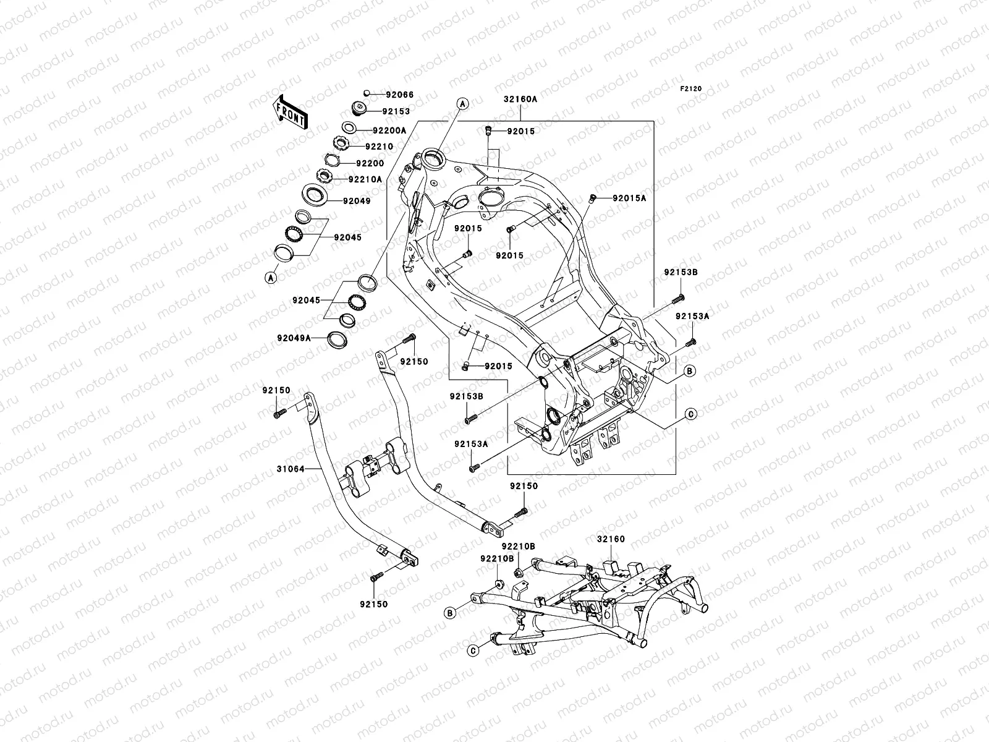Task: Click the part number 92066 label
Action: (399, 95)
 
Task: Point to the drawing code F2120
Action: (692, 89)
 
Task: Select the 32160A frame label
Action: (520, 98)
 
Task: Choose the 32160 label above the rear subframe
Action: (611, 539)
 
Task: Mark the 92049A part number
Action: (294, 338)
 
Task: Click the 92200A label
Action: (389, 130)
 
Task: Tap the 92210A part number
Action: (365, 179)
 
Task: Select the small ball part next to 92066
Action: (367, 93)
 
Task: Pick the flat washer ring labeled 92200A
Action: (348, 128)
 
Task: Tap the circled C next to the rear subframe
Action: (473, 650)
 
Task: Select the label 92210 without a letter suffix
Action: (378, 147)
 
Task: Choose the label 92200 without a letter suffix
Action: (370, 163)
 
